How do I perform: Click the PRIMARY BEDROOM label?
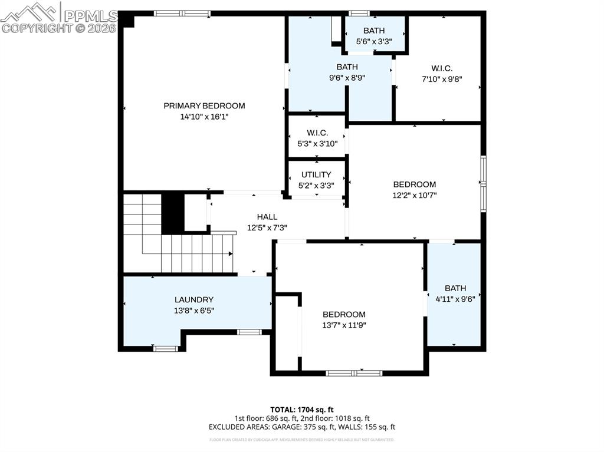204,106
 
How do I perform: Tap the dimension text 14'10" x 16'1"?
204,117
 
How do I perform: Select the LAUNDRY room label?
194,299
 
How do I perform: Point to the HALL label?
267,217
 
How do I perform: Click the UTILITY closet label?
316,175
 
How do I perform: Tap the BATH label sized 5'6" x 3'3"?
374,31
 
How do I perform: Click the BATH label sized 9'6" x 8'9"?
347,67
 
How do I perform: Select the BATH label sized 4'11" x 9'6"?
455,288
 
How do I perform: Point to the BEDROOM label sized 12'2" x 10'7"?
415,184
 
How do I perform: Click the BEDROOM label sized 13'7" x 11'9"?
344,315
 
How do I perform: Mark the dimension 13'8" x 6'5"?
194,310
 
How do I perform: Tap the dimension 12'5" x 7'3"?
267,227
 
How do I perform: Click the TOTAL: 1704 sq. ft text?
302,409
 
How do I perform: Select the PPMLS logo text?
89,14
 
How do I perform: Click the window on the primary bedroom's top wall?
182,13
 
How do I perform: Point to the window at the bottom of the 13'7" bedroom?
354,373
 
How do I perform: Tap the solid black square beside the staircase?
173,212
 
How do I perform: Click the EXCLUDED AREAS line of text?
302,427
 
